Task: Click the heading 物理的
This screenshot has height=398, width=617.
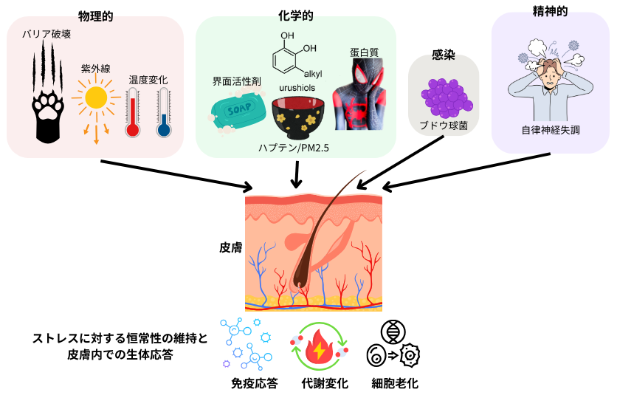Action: point(95,15)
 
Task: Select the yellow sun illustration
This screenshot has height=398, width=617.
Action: point(96,98)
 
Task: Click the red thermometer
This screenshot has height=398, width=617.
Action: point(133,113)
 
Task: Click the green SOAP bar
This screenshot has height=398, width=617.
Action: point(238,109)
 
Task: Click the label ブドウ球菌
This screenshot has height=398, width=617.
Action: point(444,126)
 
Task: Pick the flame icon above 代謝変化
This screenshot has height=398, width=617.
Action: point(319,346)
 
